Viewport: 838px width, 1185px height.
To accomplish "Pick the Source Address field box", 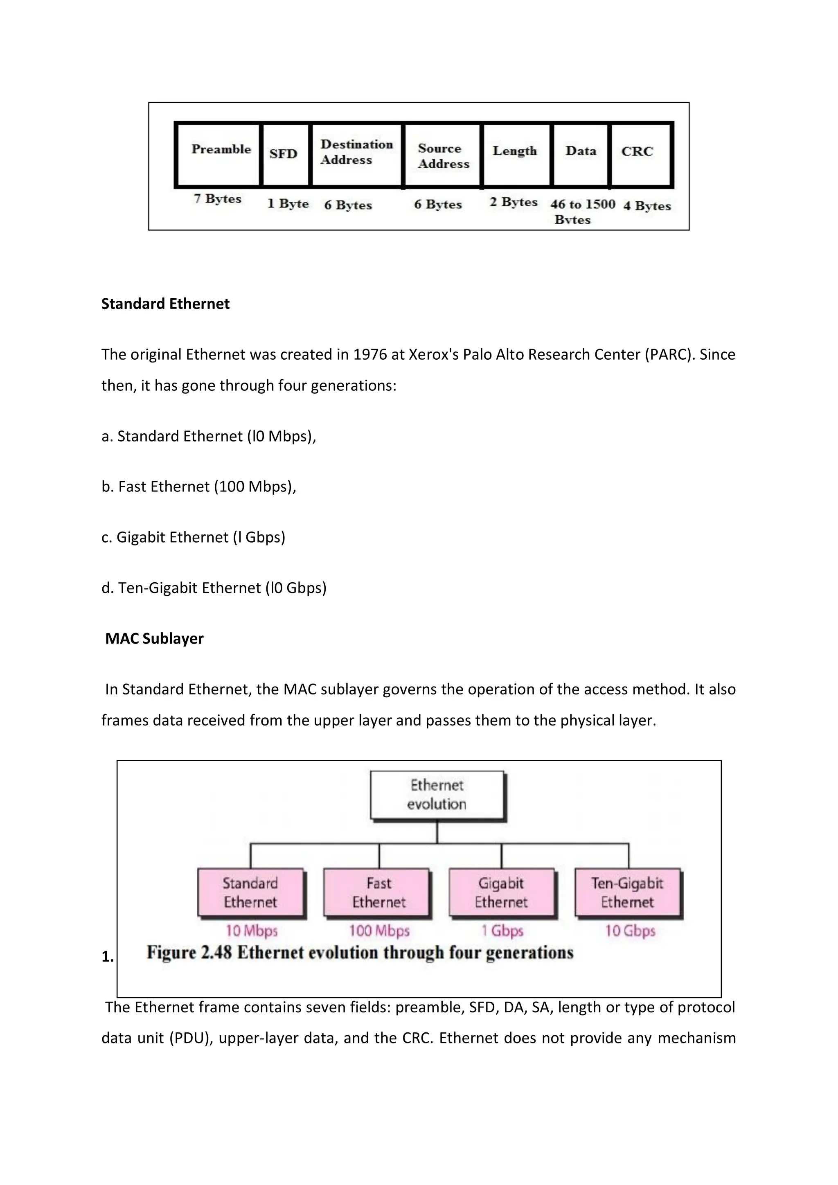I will tap(443, 155).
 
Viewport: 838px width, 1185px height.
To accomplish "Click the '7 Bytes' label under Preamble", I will tap(218, 199).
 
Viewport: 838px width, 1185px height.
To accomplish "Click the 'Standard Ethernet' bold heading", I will tap(165, 304).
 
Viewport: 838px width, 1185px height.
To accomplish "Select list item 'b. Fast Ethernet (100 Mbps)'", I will tap(199, 487).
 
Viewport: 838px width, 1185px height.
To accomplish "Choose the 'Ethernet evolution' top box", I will tap(437, 795).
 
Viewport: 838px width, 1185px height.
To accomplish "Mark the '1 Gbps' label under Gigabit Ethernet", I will tap(502, 931).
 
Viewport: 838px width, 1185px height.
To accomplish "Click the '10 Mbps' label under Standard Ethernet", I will tap(252, 931).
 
